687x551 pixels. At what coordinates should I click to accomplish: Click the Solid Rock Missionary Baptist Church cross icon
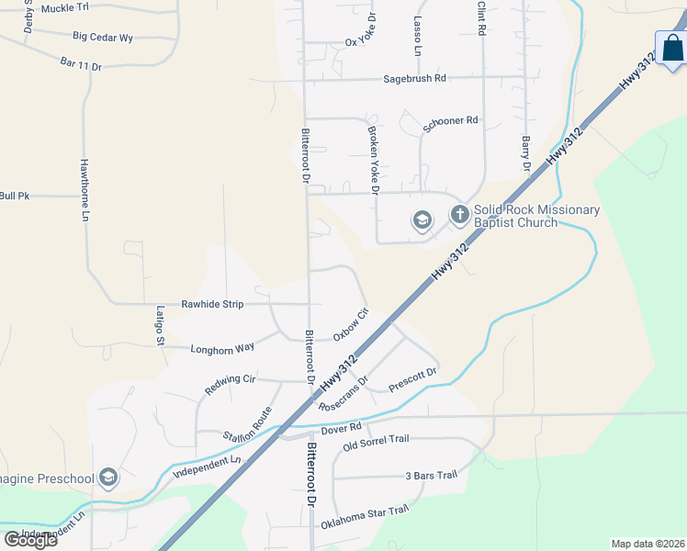tap(459, 216)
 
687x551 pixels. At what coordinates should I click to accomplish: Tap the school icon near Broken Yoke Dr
tap(422, 220)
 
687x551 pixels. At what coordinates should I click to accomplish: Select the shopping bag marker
tap(672, 49)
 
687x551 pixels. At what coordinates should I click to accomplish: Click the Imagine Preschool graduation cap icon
tap(108, 478)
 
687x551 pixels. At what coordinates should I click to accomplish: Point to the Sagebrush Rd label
tap(414, 79)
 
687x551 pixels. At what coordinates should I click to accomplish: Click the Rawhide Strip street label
tap(212, 303)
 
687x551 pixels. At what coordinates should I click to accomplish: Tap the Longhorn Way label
tap(222, 349)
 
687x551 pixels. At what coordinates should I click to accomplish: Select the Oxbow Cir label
tap(350, 324)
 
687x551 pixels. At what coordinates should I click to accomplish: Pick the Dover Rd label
tap(343, 428)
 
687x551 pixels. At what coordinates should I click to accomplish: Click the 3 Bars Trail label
tap(431, 476)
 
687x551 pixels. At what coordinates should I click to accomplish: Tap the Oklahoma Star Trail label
tap(364, 518)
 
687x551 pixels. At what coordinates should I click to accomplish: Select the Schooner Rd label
tap(451, 120)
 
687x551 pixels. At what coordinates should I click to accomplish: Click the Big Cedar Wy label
tap(103, 38)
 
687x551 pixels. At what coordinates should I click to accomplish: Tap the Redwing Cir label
tap(230, 385)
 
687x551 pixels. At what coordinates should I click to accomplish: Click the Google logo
tap(30, 540)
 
